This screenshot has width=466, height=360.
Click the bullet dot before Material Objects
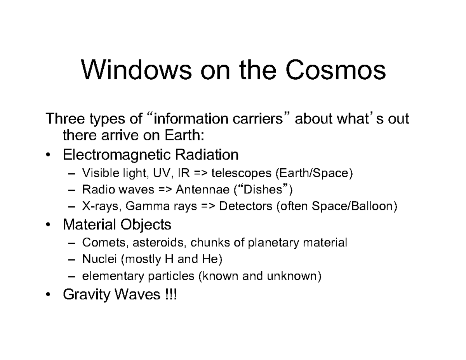tap(47, 225)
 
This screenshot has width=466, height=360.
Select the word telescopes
tap(241, 172)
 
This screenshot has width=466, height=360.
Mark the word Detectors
tap(246, 207)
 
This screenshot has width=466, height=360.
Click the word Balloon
tap(372, 207)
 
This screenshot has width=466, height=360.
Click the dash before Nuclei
tap(72, 260)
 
